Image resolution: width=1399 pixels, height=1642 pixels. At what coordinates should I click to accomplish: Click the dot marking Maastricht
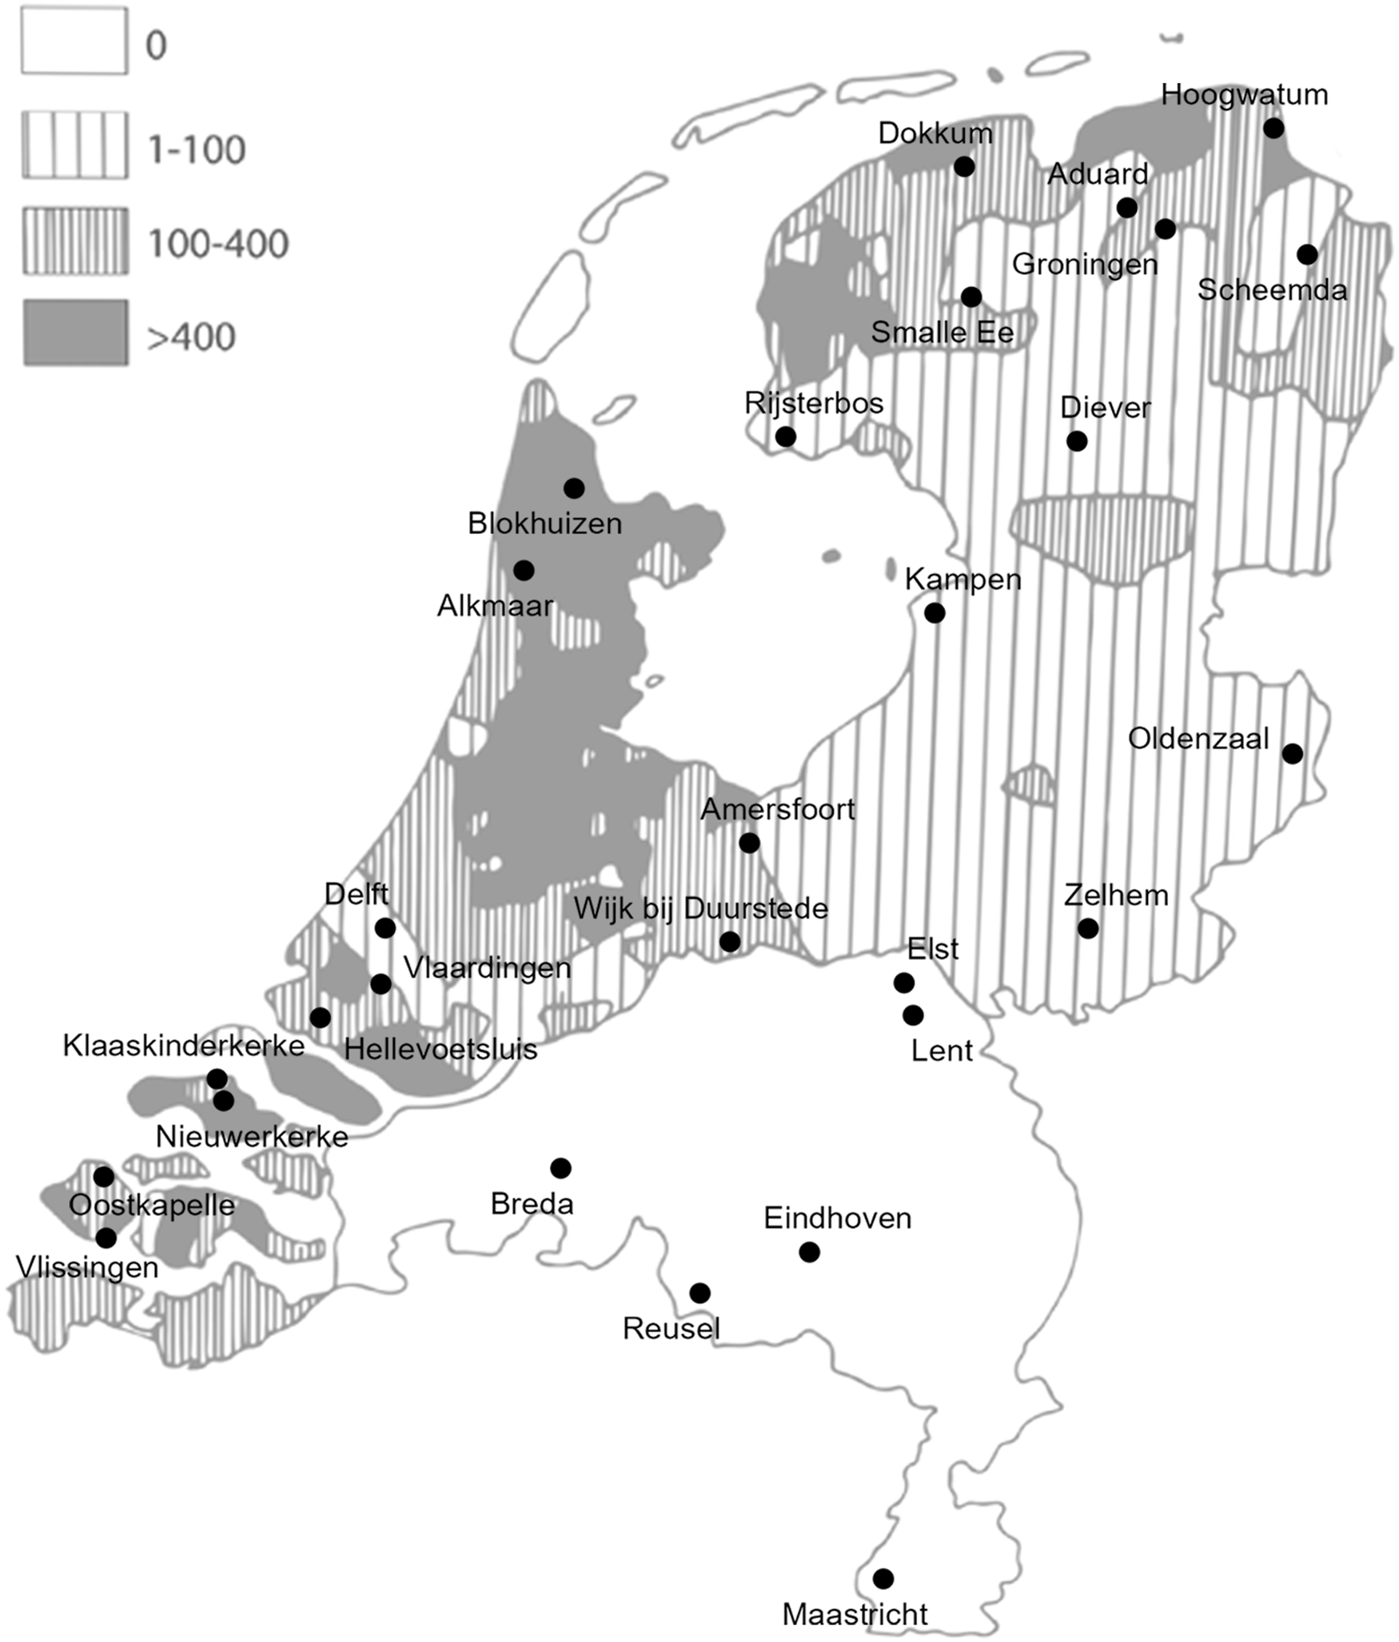[883, 1578]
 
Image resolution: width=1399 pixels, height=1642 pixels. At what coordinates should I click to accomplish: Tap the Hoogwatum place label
[1244, 94]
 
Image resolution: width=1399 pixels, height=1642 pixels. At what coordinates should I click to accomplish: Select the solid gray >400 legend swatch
[75, 333]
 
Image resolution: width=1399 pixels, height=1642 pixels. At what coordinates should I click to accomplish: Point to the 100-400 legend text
[218, 243]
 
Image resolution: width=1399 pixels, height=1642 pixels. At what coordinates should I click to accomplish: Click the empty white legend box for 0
[74, 41]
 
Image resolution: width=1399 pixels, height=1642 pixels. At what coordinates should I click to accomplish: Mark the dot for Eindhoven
[809, 1251]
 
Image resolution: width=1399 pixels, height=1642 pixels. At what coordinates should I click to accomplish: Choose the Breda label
[532, 1203]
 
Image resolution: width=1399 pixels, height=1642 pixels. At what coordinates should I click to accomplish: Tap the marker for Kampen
[935, 613]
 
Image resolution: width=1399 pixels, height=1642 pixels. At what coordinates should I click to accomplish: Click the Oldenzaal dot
[1292, 753]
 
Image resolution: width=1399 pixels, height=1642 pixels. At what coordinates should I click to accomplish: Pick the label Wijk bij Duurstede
[700, 908]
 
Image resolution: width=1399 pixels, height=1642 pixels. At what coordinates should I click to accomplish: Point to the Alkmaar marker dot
[524, 571]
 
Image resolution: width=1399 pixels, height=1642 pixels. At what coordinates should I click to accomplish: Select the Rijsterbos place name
[814, 403]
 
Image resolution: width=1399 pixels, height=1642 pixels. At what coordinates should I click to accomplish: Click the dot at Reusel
[699, 1293]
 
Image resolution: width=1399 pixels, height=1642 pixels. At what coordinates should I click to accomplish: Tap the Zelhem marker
[1087, 928]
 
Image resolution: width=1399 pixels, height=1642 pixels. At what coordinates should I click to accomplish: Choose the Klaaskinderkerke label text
[184, 1045]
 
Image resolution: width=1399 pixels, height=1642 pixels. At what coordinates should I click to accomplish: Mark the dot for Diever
[1077, 441]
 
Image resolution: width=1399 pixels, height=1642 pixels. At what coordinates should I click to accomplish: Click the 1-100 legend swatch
[74, 145]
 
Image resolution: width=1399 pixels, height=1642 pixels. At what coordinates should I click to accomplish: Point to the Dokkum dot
[964, 166]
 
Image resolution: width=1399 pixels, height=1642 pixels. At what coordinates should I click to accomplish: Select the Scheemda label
[1272, 289]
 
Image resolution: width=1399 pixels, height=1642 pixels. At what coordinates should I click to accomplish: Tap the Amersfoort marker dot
[749, 843]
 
